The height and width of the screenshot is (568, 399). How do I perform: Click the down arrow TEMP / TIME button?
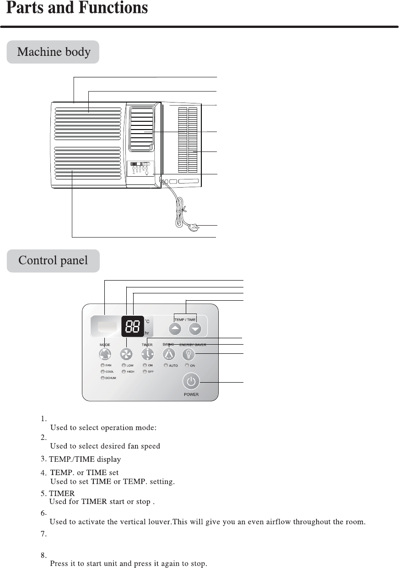[195, 329]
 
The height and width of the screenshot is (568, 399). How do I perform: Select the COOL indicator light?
[103, 372]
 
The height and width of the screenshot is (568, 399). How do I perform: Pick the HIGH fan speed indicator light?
[124, 372]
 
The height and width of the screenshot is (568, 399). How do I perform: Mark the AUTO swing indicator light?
[167, 366]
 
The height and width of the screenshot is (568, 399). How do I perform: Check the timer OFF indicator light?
[145, 372]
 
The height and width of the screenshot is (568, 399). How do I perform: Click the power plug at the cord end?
[194, 226]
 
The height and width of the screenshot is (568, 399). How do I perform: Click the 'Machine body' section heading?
[54, 52]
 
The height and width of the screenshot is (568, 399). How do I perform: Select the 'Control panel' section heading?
[53, 261]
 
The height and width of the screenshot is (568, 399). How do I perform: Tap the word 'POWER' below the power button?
[191, 395]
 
